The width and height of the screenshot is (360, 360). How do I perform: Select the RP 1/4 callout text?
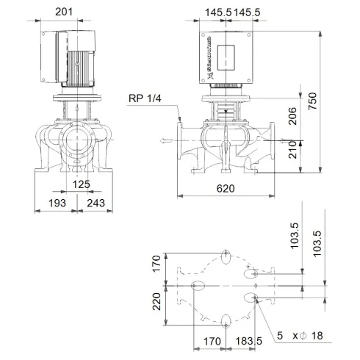click(144, 99)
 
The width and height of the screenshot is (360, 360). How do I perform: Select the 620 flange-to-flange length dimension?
click(226, 188)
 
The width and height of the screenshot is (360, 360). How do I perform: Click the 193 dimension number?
click(57, 202)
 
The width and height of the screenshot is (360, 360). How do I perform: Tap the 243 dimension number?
click(95, 202)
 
